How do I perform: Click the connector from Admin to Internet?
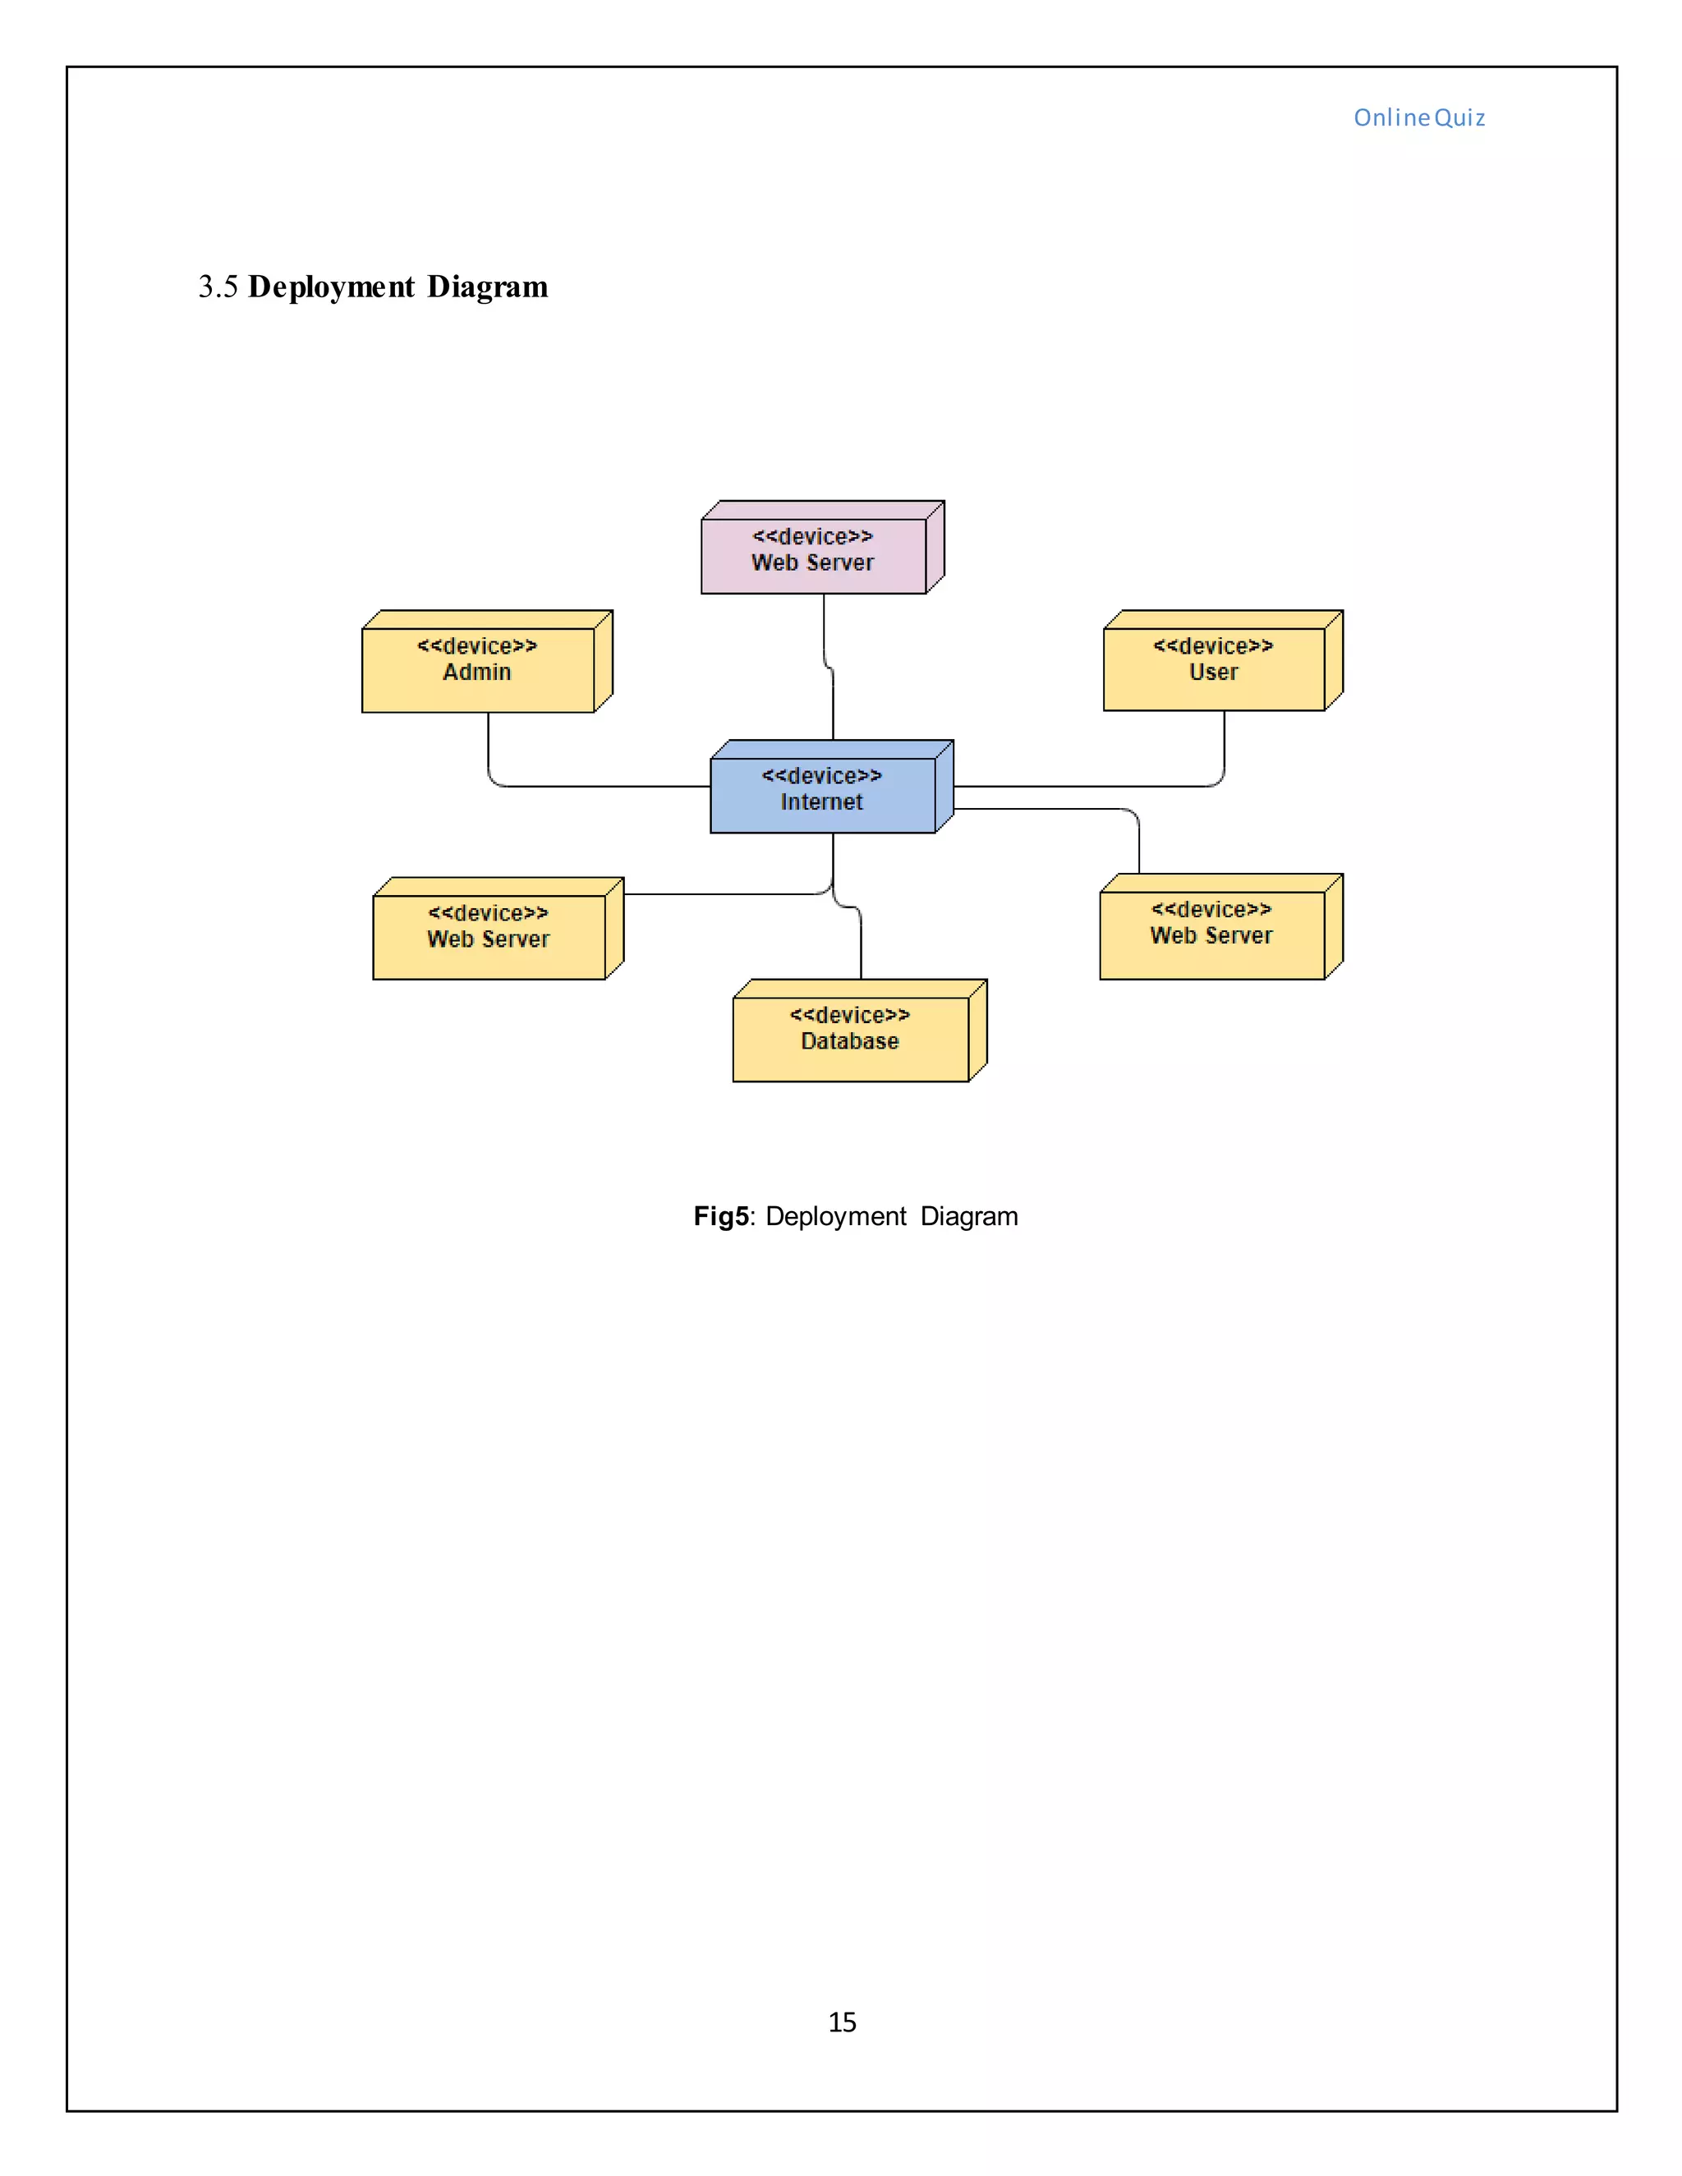coord(598,786)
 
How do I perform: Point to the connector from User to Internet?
coord(1086,786)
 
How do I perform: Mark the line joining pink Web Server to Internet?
coord(824,627)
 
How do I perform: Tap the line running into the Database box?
coord(861,947)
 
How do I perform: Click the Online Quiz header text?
coord(1419,117)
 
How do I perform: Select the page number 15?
coord(842,2022)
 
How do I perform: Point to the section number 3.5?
coord(217,287)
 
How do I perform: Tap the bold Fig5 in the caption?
coord(720,1217)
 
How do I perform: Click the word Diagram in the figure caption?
coord(968,1217)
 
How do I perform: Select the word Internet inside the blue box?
coord(821,802)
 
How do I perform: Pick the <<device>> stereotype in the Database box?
coord(850,1015)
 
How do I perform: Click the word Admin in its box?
coord(477,673)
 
